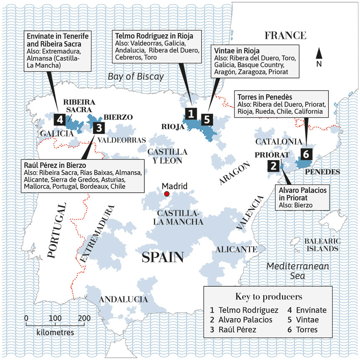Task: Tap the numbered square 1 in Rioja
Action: point(191,113)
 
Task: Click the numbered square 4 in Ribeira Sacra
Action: point(61,119)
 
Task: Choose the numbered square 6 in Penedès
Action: point(305,154)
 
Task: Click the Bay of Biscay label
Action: point(136,76)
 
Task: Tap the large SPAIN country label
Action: point(163,257)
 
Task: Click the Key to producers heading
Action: point(269,297)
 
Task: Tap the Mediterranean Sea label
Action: point(298,271)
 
